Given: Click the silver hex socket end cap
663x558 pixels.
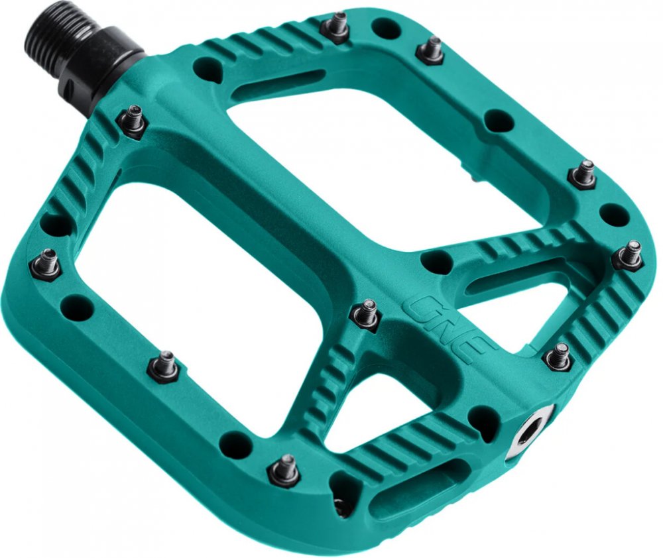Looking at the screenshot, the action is pos(531,433).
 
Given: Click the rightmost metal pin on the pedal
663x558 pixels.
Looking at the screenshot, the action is pos(629,254).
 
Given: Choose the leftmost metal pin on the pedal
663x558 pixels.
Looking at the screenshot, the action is pos(45,264).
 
